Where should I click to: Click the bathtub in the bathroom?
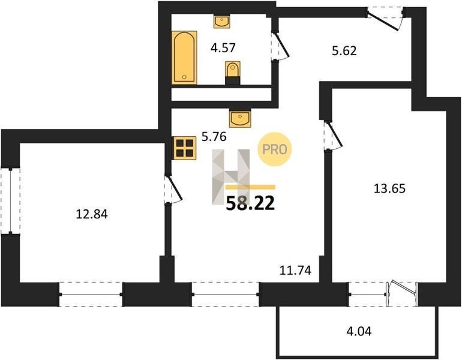click(x=184, y=58)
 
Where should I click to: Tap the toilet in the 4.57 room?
click(x=233, y=73)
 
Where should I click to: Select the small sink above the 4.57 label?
click(x=221, y=22)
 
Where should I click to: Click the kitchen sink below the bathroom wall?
click(x=240, y=118)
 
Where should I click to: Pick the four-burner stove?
click(x=185, y=148)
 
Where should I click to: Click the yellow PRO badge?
click(x=275, y=149)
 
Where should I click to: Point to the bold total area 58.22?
click(x=250, y=203)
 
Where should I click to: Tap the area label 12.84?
click(x=92, y=214)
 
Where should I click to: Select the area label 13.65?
click(x=389, y=188)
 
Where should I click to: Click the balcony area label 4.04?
click(x=359, y=331)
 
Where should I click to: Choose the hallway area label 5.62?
click(x=344, y=50)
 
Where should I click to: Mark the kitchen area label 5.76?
click(x=214, y=137)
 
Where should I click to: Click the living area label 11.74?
click(x=295, y=270)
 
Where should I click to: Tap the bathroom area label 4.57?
click(x=223, y=47)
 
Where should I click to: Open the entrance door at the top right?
click(x=385, y=18)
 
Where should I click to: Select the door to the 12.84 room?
click(x=173, y=189)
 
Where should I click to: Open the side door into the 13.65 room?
click(x=332, y=135)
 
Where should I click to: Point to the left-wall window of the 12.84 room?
click(x=10, y=201)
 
